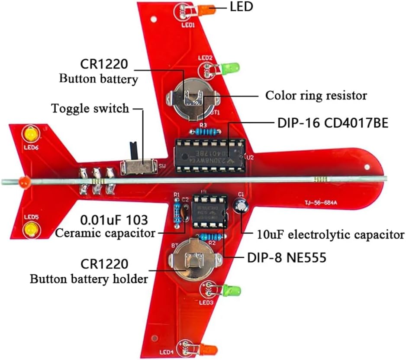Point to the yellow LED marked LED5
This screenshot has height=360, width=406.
[30, 229]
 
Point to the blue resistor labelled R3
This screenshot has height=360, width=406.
[205, 130]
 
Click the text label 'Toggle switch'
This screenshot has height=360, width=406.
[90, 108]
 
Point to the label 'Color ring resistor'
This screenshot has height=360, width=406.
[316, 95]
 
